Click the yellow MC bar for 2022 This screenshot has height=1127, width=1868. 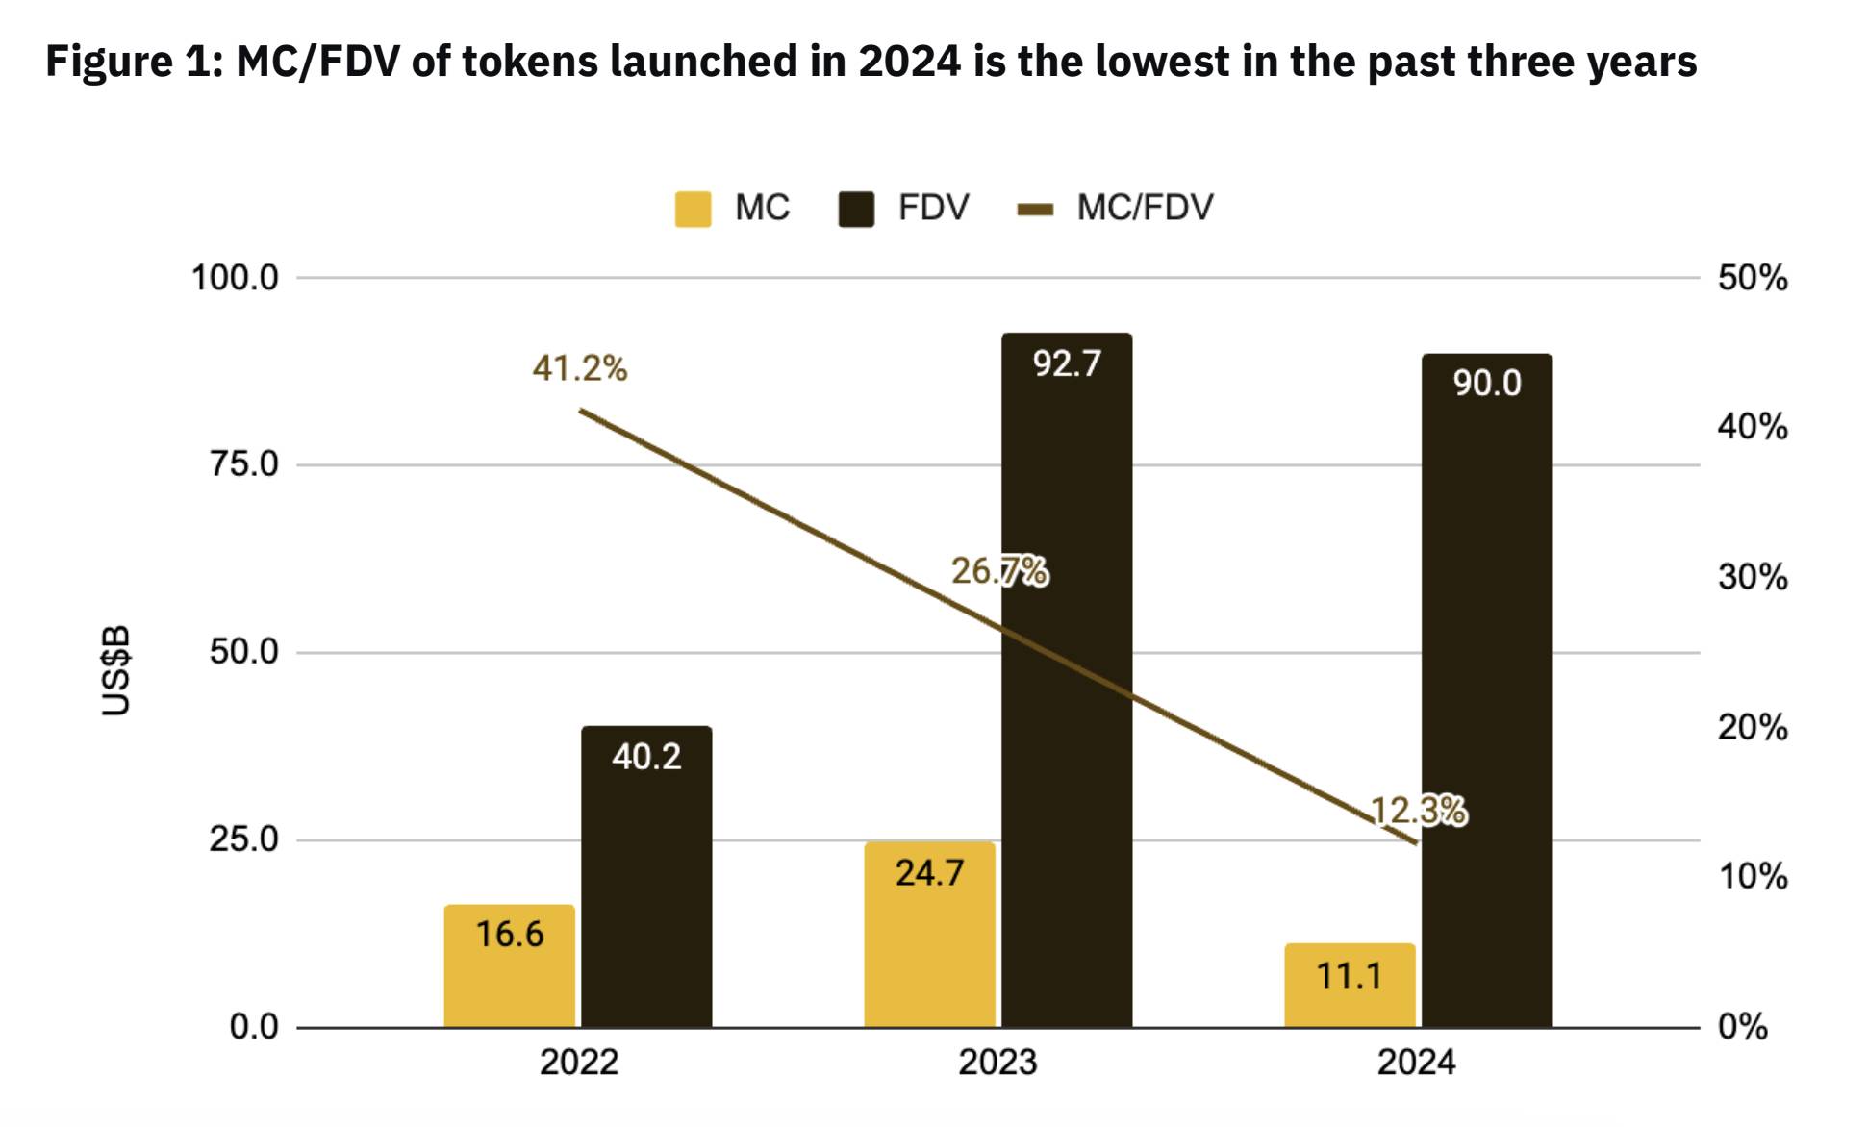(x=509, y=965)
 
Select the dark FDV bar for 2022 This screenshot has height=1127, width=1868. (x=646, y=876)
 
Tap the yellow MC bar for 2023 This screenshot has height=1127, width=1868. (x=929, y=934)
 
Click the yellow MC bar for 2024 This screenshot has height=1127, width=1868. (x=1350, y=985)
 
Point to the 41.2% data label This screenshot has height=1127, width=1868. (x=580, y=368)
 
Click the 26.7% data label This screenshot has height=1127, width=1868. (x=999, y=571)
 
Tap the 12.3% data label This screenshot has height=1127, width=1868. (x=1418, y=812)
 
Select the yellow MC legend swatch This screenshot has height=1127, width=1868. (x=693, y=209)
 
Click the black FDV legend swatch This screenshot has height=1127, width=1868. (x=856, y=209)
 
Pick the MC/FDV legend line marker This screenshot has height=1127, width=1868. (x=1035, y=209)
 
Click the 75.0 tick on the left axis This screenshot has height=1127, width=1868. (x=244, y=464)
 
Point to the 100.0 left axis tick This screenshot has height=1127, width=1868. (x=235, y=278)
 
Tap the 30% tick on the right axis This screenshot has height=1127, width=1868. (x=1753, y=577)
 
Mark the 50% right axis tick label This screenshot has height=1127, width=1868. (x=1753, y=278)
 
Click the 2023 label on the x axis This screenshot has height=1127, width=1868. (x=997, y=1063)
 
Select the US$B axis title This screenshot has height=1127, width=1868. (x=116, y=670)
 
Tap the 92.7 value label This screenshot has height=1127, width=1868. (x=1067, y=363)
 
